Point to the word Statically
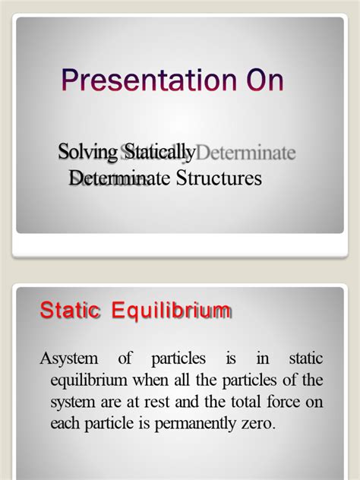(160, 153)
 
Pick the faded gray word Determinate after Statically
(246, 153)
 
